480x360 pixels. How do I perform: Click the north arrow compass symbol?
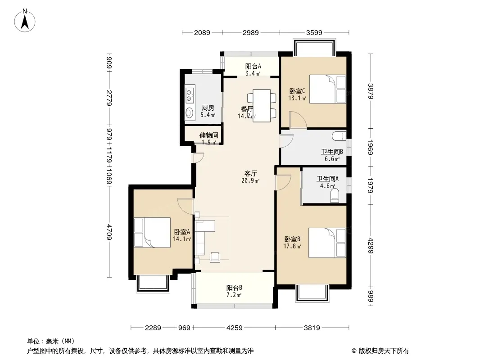(x=25, y=20)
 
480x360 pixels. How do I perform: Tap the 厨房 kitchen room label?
(x=208, y=108)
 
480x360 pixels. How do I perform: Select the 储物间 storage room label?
(x=209, y=135)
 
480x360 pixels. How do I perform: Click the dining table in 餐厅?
(x=262, y=105)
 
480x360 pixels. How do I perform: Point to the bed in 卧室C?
(x=327, y=89)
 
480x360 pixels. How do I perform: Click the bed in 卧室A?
(x=152, y=233)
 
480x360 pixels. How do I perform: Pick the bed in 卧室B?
(x=327, y=243)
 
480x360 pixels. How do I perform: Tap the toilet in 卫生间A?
(x=335, y=195)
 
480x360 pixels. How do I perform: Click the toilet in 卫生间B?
(x=340, y=135)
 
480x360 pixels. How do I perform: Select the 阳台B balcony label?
(x=235, y=288)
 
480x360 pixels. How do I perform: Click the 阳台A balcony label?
(x=253, y=66)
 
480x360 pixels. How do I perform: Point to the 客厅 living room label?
(x=250, y=173)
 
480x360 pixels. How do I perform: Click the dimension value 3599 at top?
(x=314, y=32)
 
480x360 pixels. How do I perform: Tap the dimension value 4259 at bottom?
(x=235, y=328)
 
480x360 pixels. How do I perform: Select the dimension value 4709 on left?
(x=109, y=232)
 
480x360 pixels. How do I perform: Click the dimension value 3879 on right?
(x=371, y=91)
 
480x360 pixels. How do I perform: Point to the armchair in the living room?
(x=215, y=257)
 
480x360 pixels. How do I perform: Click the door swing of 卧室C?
(x=299, y=120)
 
